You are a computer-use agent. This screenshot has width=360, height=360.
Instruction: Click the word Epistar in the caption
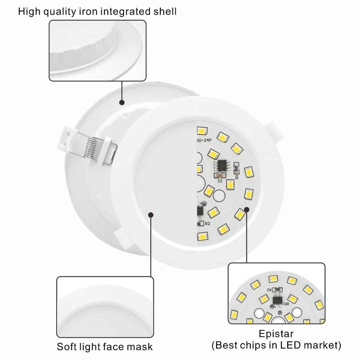tap(276, 333)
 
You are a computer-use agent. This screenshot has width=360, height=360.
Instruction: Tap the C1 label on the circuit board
tap(220, 181)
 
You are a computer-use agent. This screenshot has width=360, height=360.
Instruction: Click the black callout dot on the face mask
tap(151, 215)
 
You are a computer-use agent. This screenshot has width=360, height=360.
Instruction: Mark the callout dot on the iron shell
tap(122, 102)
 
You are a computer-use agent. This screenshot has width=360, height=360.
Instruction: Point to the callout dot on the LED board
tap(246, 209)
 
